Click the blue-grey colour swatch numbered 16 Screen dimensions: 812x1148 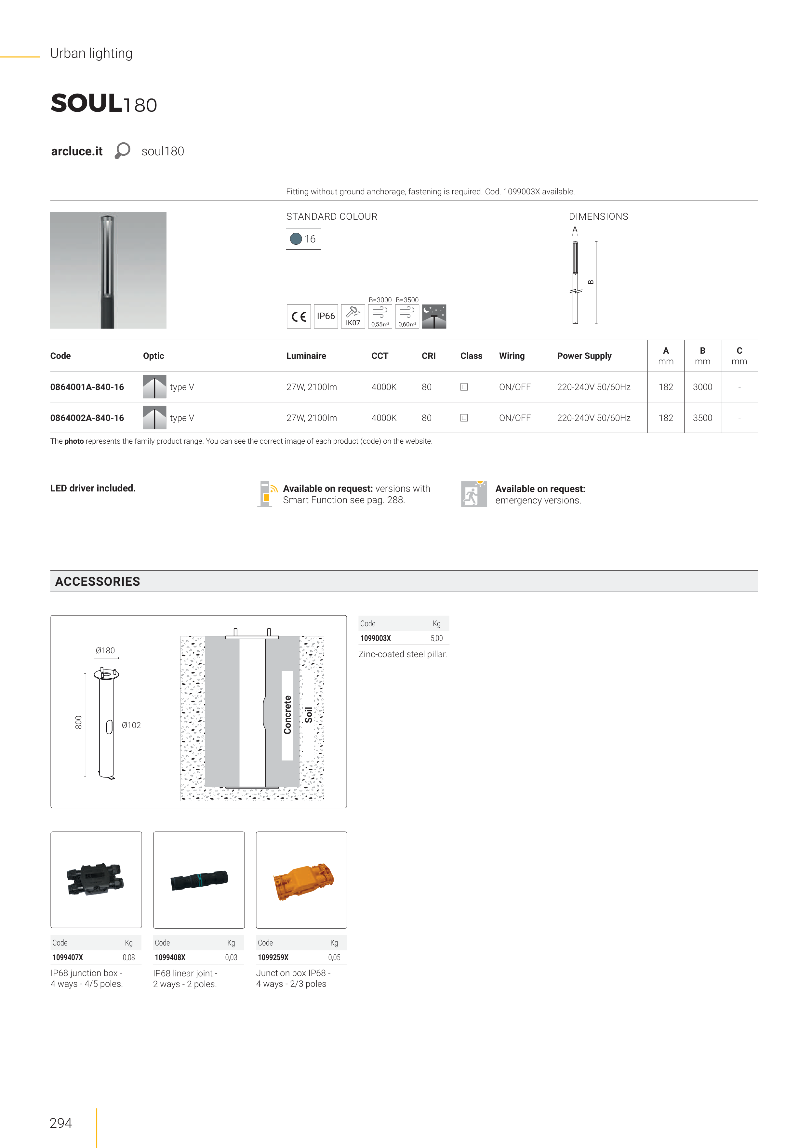[296, 239]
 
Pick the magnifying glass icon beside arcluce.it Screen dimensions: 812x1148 [122, 150]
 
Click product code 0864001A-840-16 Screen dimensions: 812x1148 [87, 387]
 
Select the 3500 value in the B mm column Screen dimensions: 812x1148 [702, 418]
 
